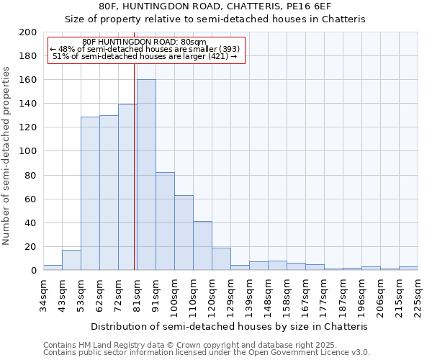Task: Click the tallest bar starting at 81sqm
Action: coord(146,175)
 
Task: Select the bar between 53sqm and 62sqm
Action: coord(90,193)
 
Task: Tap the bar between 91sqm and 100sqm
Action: coord(165,221)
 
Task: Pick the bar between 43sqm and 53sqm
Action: coord(71,260)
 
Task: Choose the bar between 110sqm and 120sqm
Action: coord(202,246)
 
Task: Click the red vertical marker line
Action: coord(135,166)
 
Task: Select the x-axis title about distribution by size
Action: coord(230,326)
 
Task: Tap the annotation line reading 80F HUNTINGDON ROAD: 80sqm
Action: coord(144,42)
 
